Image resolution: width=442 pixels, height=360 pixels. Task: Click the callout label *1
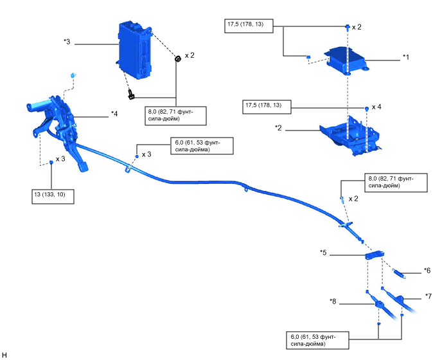[405, 57]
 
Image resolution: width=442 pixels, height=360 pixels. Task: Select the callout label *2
[280, 129]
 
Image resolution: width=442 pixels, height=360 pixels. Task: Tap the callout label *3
[67, 42]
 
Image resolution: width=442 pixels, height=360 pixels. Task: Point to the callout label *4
[114, 114]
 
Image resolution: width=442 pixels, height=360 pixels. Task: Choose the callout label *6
[427, 270]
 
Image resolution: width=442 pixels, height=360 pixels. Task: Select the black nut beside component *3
[177, 59]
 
